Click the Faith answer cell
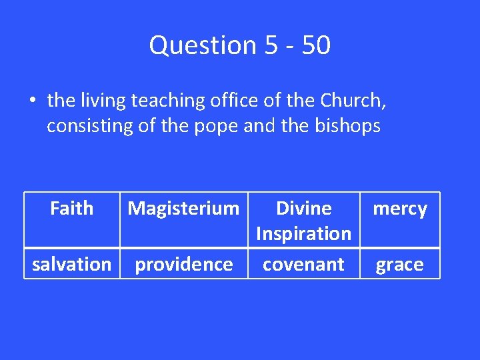(x=71, y=209)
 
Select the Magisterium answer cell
(x=183, y=209)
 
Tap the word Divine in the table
(x=303, y=209)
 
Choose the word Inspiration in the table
(x=303, y=234)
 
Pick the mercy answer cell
(x=400, y=209)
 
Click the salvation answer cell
(x=71, y=265)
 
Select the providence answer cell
(x=183, y=265)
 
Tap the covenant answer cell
(x=303, y=265)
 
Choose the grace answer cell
(x=400, y=265)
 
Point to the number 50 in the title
(x=315, y=45)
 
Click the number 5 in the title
(x=270, y=45)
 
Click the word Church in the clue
(x=351, y=101)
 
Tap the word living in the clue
(x=103, y=101)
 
